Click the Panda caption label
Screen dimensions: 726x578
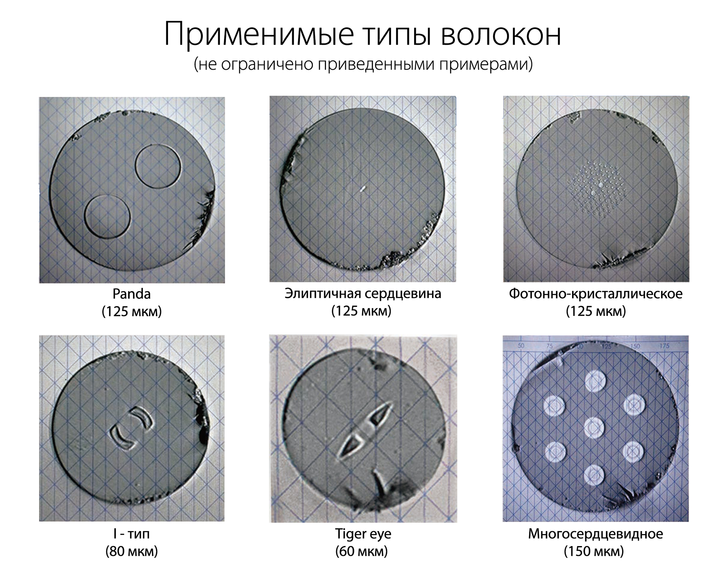[132, 294]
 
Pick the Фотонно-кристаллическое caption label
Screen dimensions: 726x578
[596, 293]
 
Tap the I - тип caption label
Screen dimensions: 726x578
[131, 533]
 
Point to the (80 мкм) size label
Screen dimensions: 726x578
[132, 551]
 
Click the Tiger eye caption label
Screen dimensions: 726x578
[363, 534]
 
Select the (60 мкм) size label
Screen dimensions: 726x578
[362, 551]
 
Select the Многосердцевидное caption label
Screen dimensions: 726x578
[595, 534]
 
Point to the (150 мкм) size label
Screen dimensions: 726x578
[594, 551]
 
